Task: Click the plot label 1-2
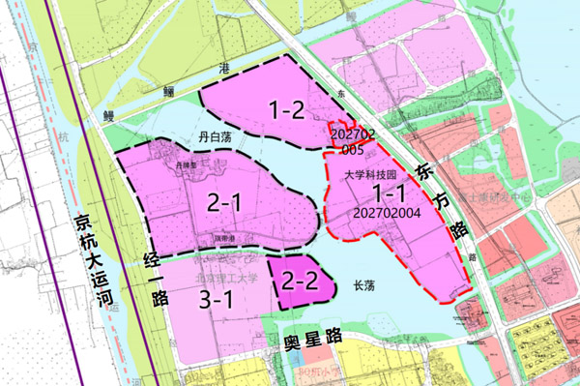287,109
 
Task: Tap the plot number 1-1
384,194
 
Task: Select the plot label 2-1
224,202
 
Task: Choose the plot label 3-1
217,300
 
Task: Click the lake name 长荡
363,286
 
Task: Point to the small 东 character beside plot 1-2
341,95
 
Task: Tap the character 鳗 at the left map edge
109,114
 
